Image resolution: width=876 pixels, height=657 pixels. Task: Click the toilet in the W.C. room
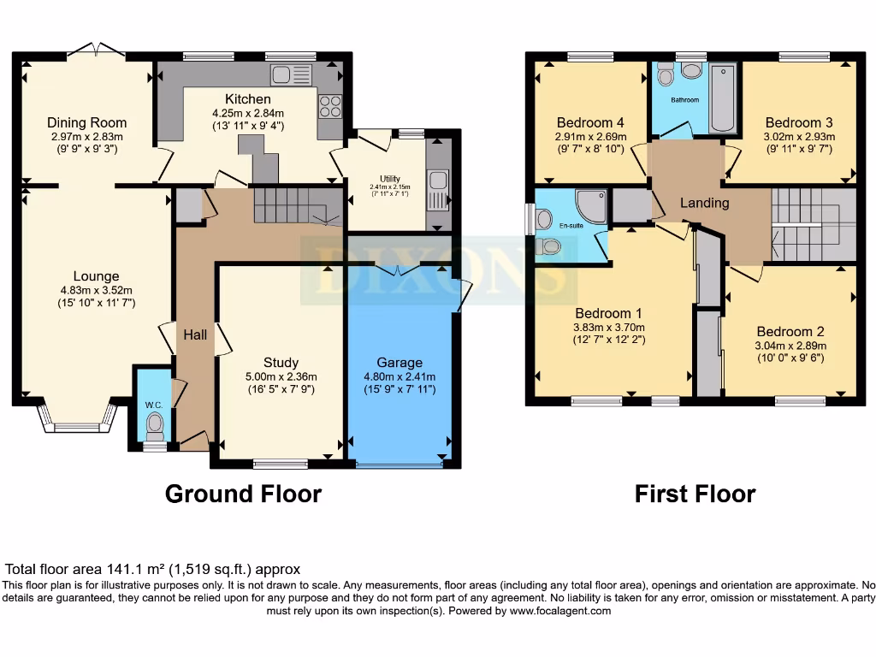click(155, 423)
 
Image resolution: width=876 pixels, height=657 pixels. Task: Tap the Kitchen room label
click(247, 99)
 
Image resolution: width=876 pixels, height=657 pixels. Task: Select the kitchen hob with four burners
click(329, 105)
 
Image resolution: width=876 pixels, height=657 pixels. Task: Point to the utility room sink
click(438, 182)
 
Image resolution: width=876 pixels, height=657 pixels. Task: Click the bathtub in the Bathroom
click(723, 99)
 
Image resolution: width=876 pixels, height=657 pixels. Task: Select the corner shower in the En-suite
click(588, 205)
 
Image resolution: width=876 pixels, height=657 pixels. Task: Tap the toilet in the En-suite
click(550, 247)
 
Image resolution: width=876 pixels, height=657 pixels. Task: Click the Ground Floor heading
click(243, 494)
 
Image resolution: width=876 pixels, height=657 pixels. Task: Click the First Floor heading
click(695, 494)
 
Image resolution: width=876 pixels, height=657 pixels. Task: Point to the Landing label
click(704, 203)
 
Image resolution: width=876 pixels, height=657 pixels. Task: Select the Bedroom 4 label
click(589, 122)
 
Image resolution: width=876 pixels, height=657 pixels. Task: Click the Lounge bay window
click(75, 419)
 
